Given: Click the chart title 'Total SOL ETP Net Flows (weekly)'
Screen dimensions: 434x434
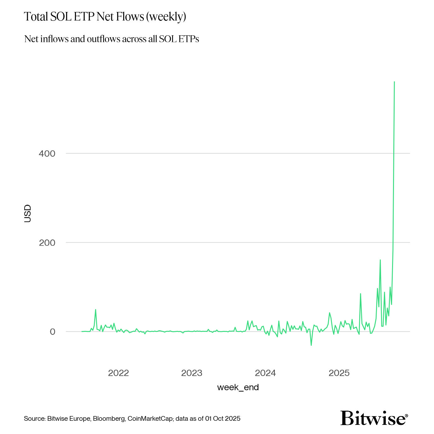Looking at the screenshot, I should point(105,17).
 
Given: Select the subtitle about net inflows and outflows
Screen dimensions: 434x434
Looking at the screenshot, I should point(112,39).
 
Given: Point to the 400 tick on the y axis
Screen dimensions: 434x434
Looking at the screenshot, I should point(47,154).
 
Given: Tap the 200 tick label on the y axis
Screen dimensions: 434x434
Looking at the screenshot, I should point(47,243).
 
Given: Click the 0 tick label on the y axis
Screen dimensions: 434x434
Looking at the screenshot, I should point(52,332).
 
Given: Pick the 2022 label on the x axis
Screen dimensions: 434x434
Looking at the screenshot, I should point(119,373).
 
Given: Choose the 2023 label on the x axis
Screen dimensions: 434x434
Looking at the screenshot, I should point(192,373).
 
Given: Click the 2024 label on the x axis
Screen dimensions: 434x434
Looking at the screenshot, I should point(265,373).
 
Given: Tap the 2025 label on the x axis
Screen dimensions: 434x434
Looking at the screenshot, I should point(339,373).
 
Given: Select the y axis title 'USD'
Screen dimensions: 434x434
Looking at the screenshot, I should point(28,213).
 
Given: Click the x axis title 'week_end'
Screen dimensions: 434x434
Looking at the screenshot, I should point(238,387).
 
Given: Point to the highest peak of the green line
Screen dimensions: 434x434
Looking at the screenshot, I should point(394,82).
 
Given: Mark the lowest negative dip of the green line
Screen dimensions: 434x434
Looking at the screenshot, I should point(311,345).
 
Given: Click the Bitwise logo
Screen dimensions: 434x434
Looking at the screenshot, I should point(373,418).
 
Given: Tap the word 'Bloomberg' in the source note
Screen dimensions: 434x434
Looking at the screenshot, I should point(109,419).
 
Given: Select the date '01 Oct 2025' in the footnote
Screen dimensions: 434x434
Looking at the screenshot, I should point(223,419).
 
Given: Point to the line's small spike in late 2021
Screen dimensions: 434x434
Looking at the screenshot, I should point(95,310).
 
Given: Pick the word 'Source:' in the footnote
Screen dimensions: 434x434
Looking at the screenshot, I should point(35,419).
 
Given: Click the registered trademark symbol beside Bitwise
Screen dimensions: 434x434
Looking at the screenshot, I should point(406,416).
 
